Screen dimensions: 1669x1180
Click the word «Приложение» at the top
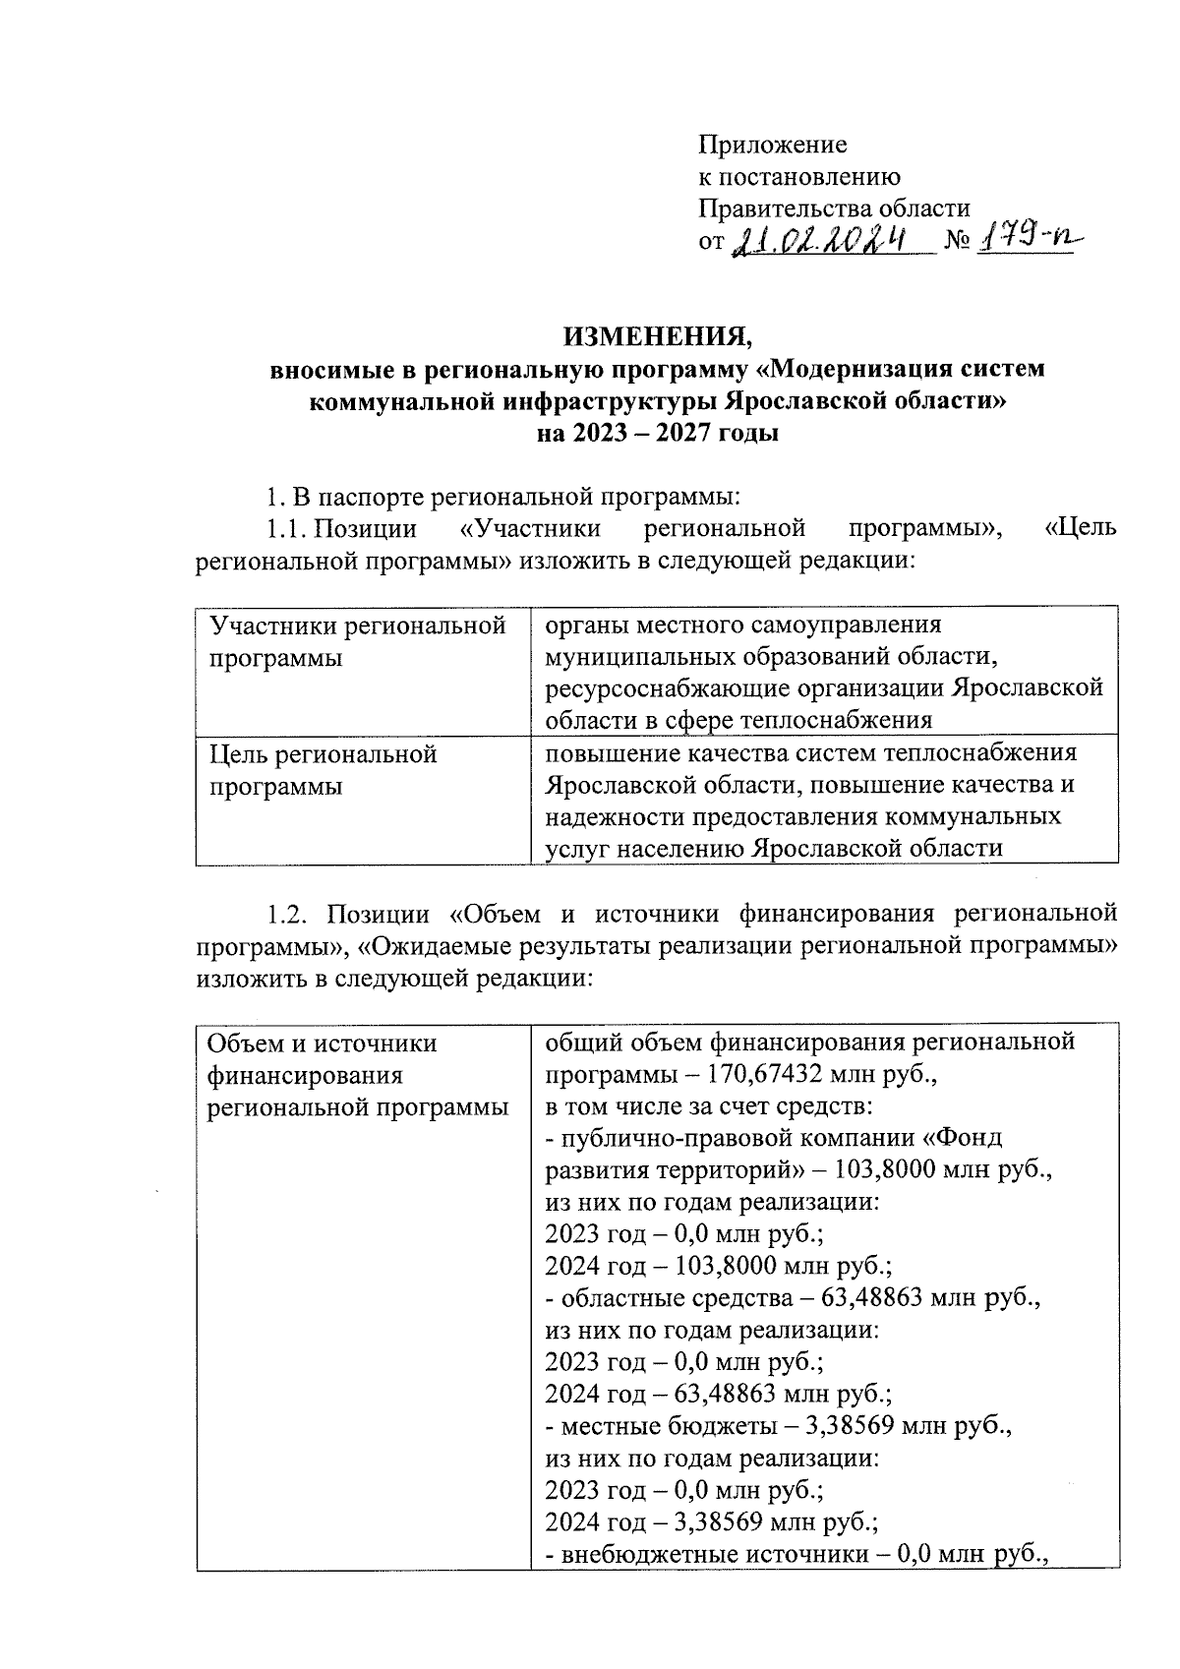click(772, 146)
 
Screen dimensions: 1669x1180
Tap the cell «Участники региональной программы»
click(358, 641)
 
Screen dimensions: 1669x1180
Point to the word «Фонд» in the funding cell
click(968, 1138)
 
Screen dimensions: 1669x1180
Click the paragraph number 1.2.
click(289, 915)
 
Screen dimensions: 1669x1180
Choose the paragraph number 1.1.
click(286, 529)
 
